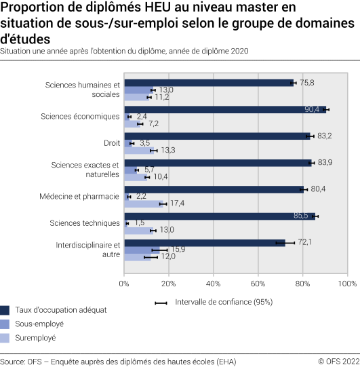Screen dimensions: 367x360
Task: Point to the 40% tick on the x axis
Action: coord(213,283)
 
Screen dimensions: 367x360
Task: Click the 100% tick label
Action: coord(346,283)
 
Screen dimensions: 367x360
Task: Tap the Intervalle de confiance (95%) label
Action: coord(224,302)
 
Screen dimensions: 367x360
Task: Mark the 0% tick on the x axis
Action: coord(124,283)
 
